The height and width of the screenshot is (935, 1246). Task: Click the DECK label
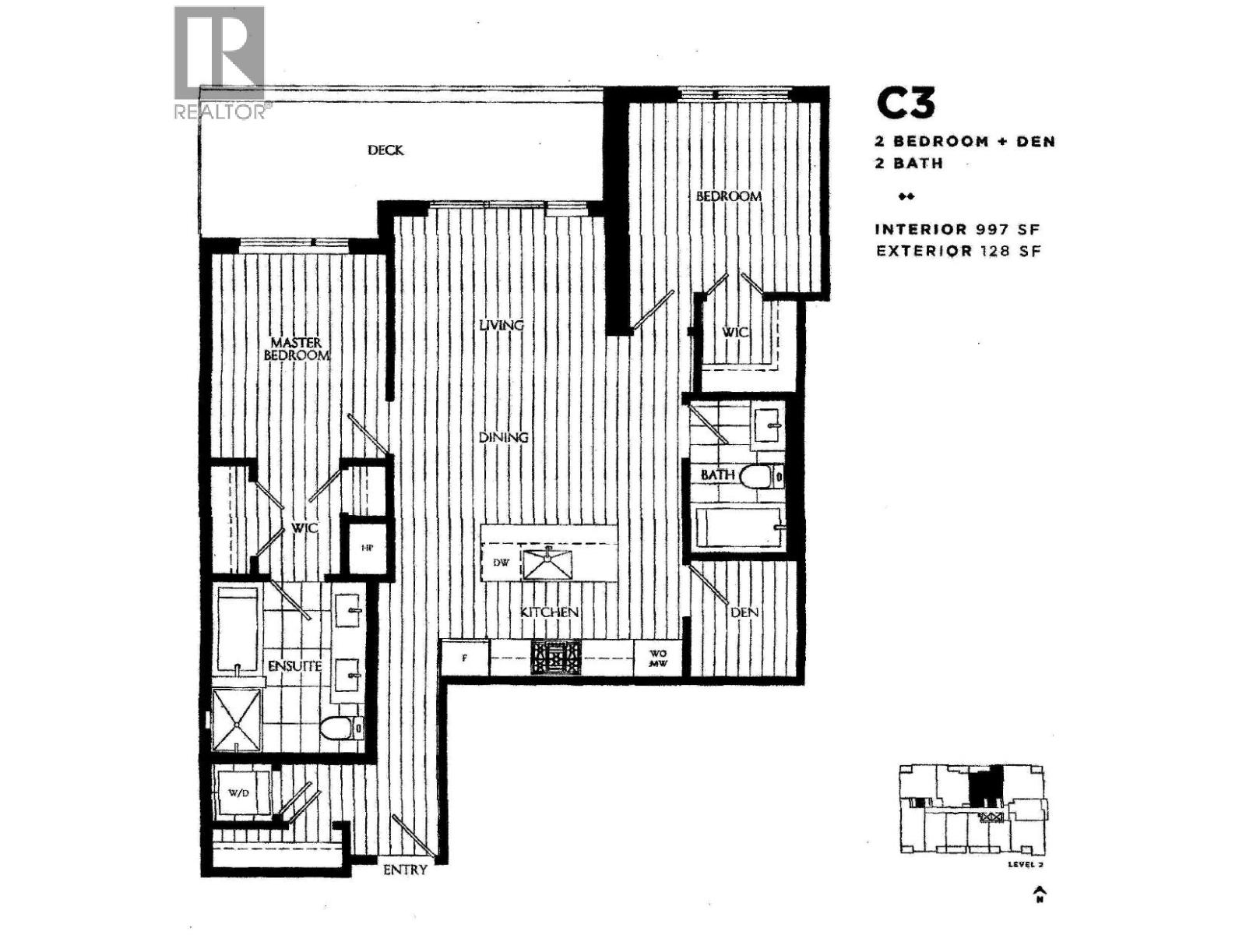pos(385,150)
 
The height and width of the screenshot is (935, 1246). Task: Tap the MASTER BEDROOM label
pos(296,348)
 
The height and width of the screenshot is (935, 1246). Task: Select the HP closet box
pos(368,548)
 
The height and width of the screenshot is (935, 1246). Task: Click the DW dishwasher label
pos(501,563)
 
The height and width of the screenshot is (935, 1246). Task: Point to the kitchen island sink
pos(547,563)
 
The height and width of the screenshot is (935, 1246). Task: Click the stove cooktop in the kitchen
pos(556,658)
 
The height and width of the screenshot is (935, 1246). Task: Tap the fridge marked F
pos(465,658)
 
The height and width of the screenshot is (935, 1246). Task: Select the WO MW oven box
pos(659,658)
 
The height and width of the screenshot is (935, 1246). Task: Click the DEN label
pos(744,612)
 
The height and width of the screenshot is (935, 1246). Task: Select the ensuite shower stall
pos(237,720)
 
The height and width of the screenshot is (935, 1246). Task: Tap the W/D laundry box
pos(239,793)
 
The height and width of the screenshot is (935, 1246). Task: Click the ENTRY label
pos(405,870)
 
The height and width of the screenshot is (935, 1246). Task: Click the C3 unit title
pos(906,104)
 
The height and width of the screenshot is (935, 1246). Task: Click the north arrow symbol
pos(1038,894)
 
